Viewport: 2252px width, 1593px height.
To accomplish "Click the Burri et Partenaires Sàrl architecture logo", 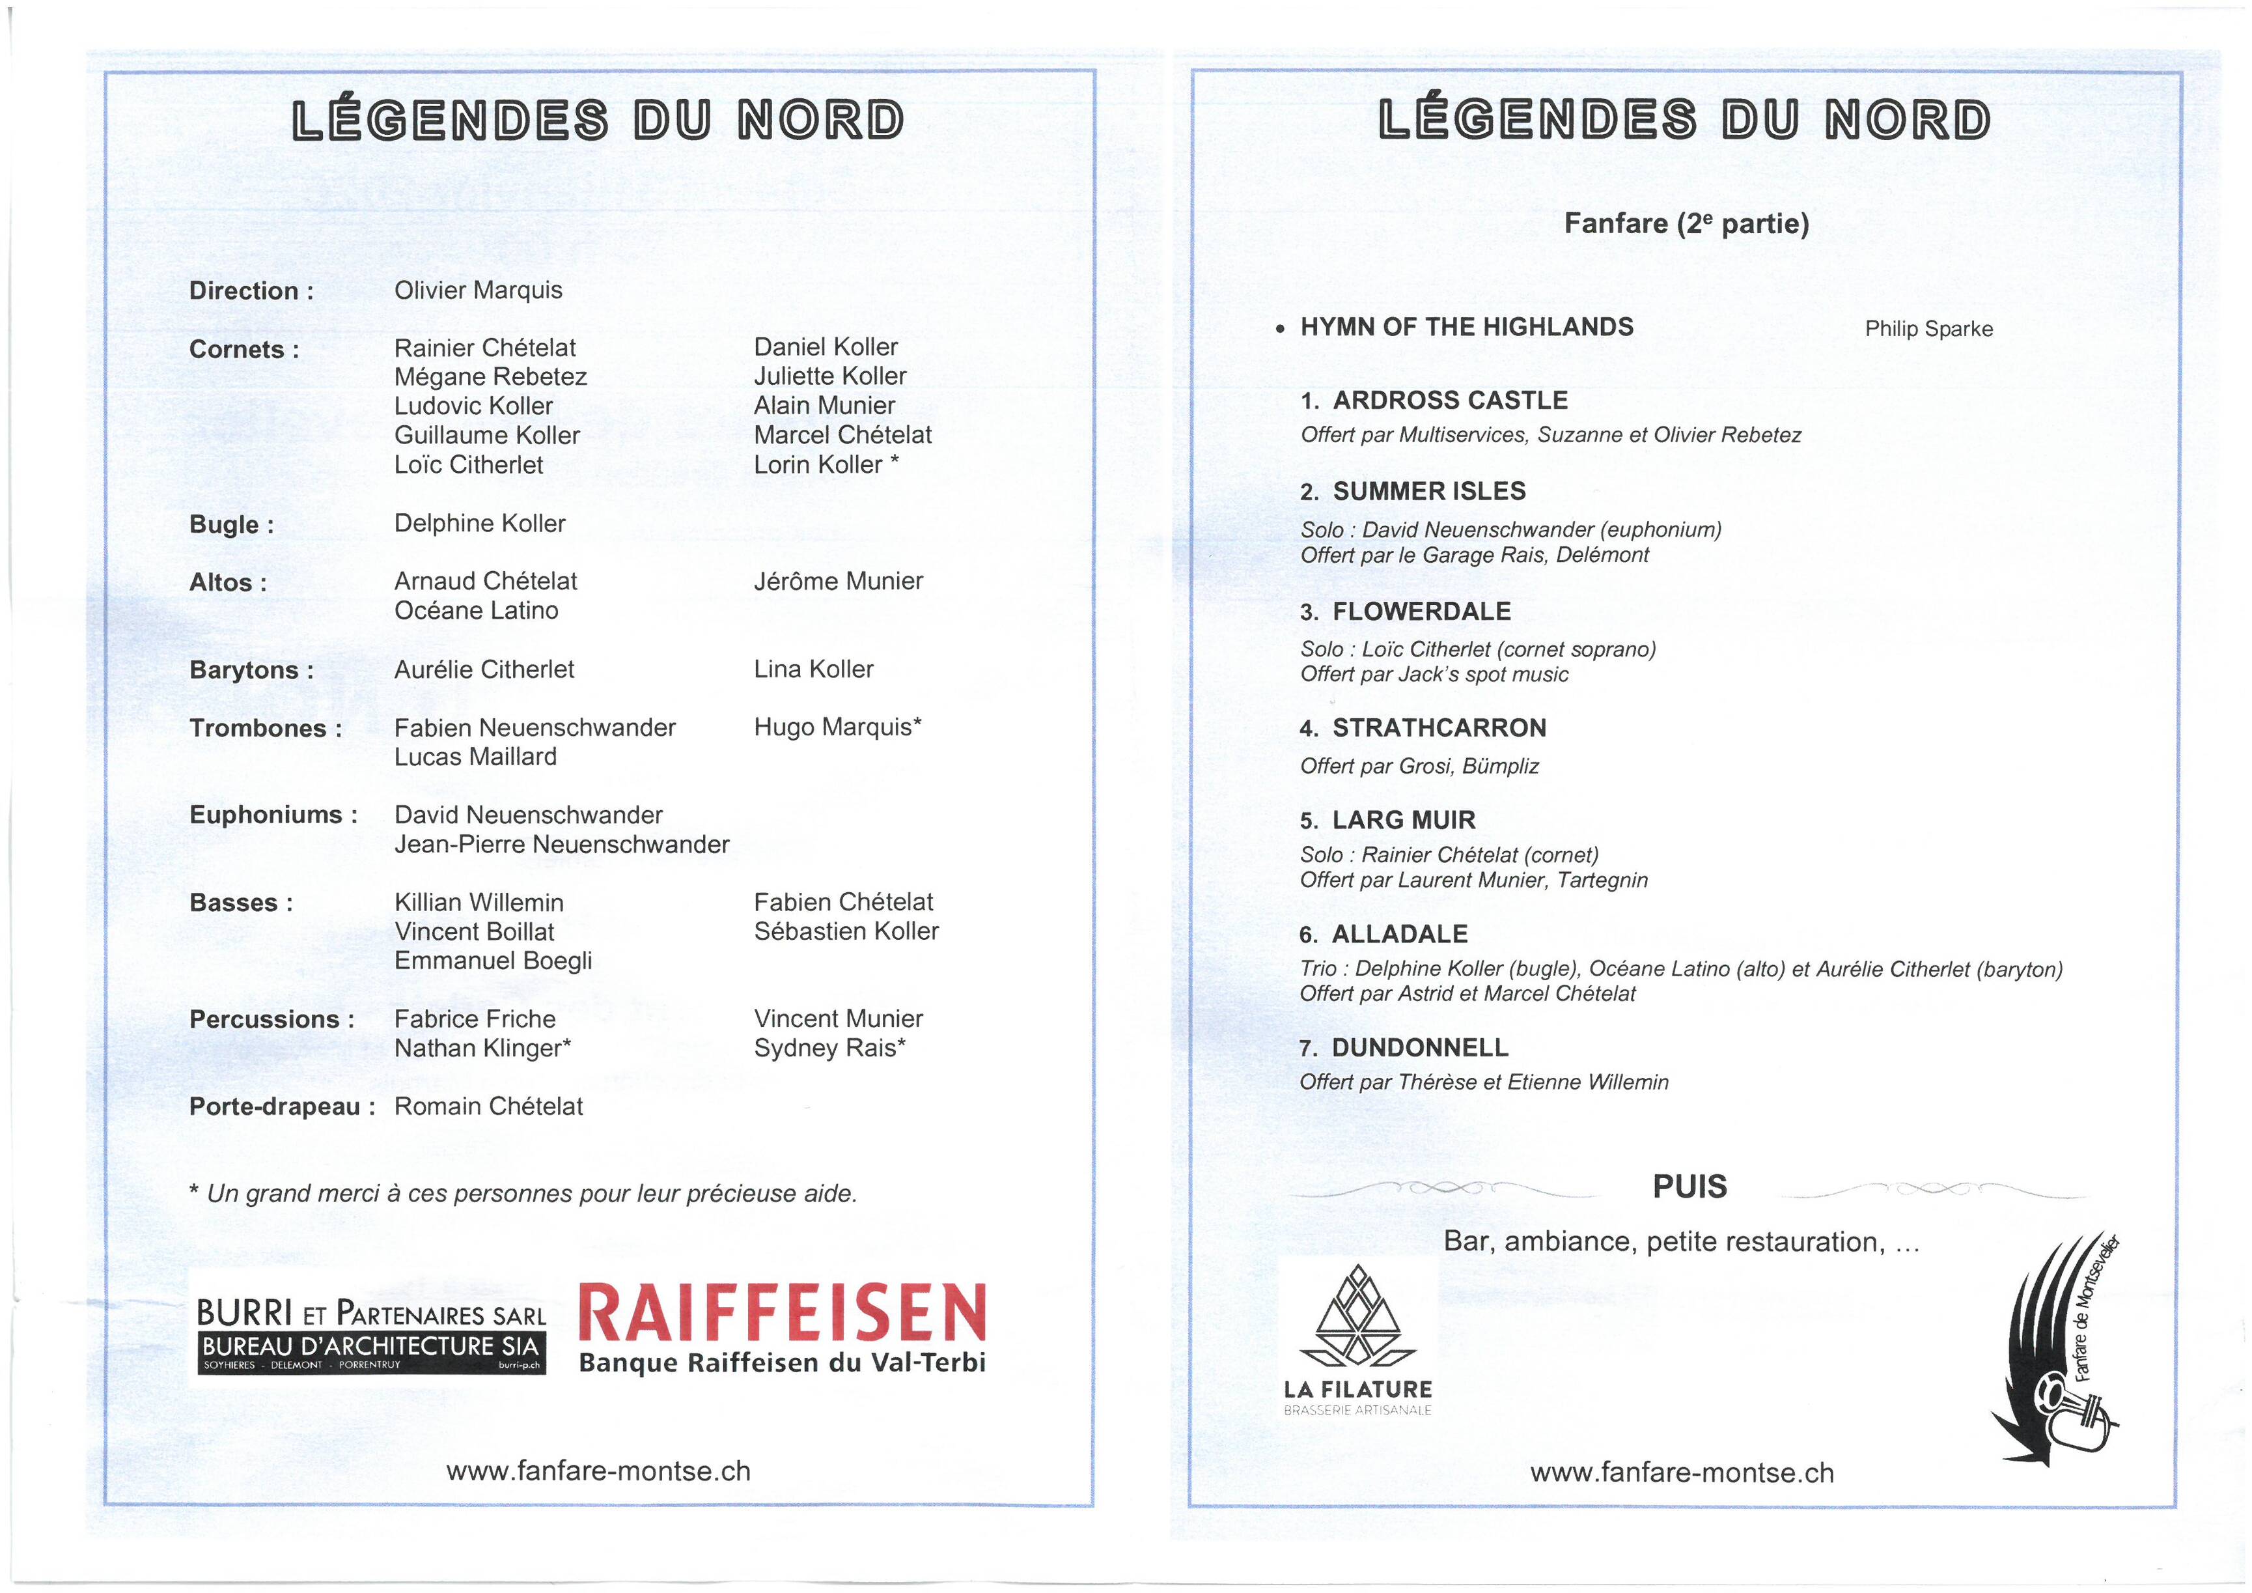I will [370, 1334].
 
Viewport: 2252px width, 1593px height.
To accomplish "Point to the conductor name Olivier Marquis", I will [478, 290].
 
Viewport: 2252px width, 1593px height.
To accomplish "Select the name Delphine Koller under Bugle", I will [480, 524].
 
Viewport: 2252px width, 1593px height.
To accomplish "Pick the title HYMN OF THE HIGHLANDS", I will [1466, 328].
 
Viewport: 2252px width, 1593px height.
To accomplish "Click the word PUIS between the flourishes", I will [1689, 1187].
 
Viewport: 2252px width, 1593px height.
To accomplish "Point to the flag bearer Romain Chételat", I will [488, 1107].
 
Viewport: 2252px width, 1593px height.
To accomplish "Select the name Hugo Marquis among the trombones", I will [837, 727].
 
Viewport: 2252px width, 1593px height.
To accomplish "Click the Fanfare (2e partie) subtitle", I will [1686, 223].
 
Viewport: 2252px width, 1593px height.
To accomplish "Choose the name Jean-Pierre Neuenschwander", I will [561, 845].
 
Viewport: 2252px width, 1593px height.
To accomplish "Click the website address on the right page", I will [1681, 1473].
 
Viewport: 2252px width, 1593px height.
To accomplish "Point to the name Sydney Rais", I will [829, 1049].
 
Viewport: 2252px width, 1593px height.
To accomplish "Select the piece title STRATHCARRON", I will [1438, 728].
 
